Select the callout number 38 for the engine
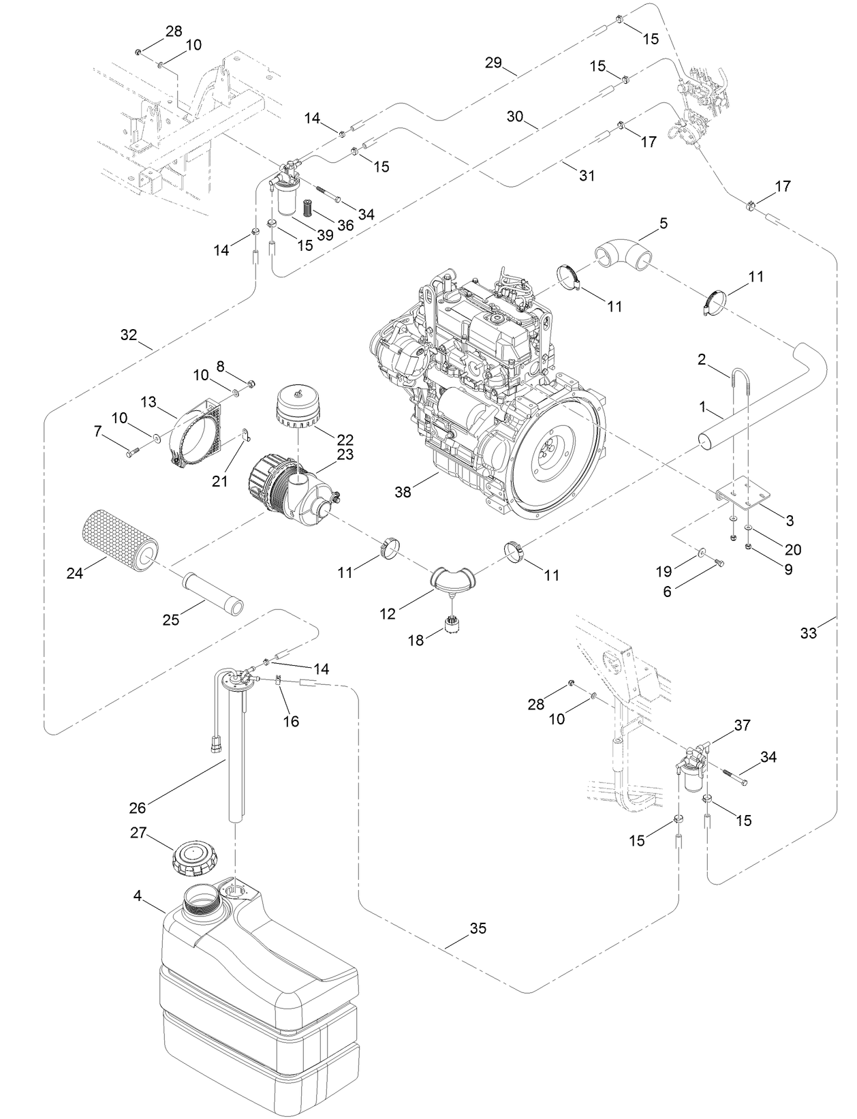click(403, 491)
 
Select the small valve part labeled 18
click(450, 624)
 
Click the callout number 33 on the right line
click(808, 633)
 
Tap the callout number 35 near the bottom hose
click(478, 928)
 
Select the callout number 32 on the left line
click(129, 335)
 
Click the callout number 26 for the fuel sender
click(138, 808)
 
